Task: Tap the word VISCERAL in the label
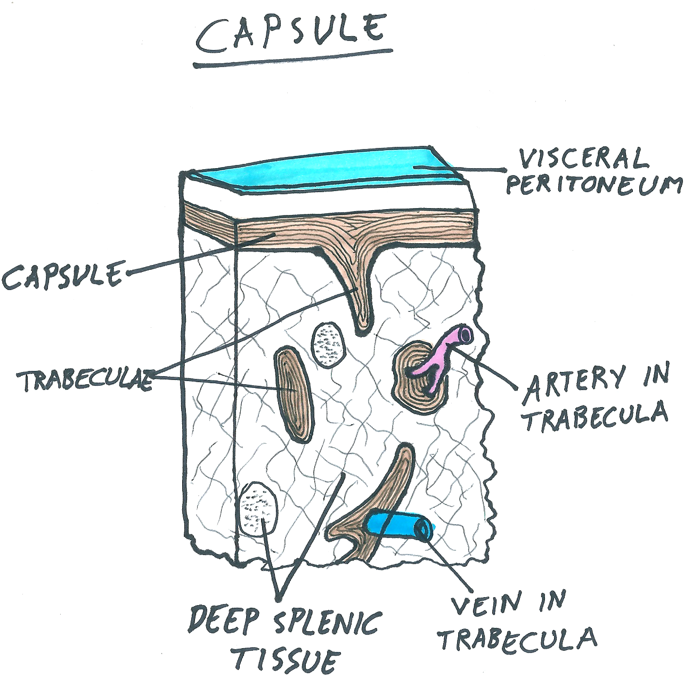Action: point(583,159)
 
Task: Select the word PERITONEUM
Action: point(593,185)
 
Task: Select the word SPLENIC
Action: point(328,622)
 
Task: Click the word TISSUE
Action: point(286,660)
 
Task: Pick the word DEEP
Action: point(224,620)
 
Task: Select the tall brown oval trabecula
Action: point(292,394)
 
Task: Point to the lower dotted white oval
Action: point(258,508)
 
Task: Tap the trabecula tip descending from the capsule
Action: point(362,317)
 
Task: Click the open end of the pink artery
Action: point(466,334)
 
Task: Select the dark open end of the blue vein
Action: point(425,528)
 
